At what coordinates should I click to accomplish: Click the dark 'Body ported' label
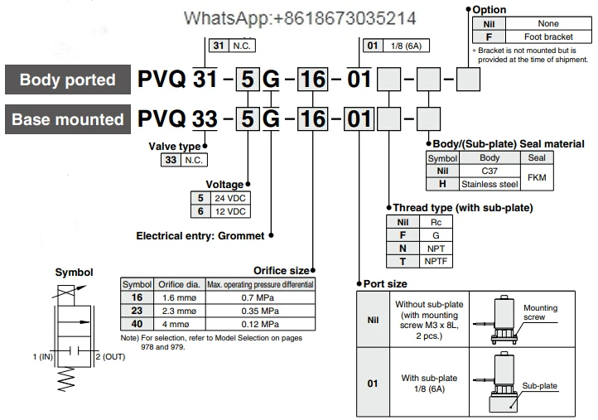click(x=68, y=80)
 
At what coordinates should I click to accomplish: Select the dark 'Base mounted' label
click(x=68, y=119)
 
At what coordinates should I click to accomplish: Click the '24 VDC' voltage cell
click(x=230, y=199)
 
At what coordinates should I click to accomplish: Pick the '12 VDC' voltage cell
click(x=230, y=211)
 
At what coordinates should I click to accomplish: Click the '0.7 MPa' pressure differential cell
click(x=260, y=297)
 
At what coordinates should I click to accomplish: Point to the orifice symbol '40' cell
click(x=137, y=323)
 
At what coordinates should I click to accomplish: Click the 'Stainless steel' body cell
click(x=490, y=183)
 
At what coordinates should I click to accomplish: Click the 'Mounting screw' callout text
click(x=541, y=312)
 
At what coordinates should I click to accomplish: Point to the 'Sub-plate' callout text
click(x=539, y=385)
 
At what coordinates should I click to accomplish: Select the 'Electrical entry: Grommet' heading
click(x=200, y=235)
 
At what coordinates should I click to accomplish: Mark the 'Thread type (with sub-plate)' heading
click(x=462, y=207)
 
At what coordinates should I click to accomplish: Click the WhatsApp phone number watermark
click(x=301, y=17)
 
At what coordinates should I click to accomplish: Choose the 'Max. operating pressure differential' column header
click(x=260, y=284)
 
